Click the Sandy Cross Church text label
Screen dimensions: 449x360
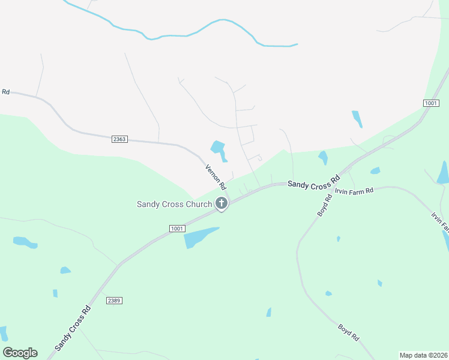(x=174, y=204)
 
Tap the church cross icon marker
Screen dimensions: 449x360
(x=221, y=203)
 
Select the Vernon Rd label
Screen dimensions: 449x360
(x=215, y=176)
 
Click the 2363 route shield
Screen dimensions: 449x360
(x=119, y=139)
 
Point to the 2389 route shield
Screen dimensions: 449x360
(x=113, y=299)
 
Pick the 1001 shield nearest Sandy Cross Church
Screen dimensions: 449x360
(x=177, y=229)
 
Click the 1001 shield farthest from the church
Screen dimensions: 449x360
(x=430, y=103)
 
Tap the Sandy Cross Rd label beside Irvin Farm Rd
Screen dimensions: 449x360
(x=313, y=181)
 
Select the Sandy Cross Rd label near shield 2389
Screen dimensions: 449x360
(x=73, y=328)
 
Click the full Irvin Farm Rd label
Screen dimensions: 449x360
(x=354, y=190)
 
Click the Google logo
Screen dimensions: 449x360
(x=20, y=353)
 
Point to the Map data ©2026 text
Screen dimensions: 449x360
(x=423, y=355)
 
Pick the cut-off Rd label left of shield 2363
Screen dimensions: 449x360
(x=6, y=92)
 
